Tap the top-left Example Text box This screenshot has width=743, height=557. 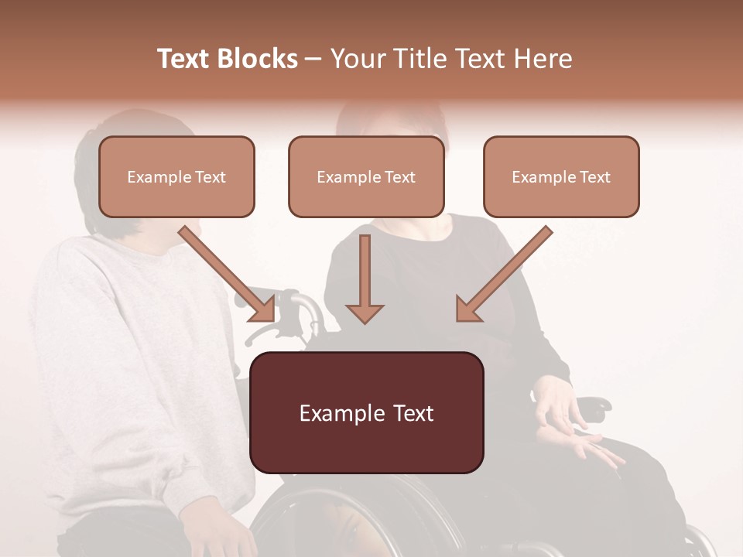click(176, 177)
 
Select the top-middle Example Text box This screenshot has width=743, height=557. click(366, 177)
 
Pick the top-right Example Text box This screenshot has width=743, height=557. click(561, 177)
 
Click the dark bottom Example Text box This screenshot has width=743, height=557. click(367, 413)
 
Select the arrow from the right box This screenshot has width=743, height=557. click(503, 274)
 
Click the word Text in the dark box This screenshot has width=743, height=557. click(409, 413)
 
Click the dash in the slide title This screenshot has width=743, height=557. click(313, 59)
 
